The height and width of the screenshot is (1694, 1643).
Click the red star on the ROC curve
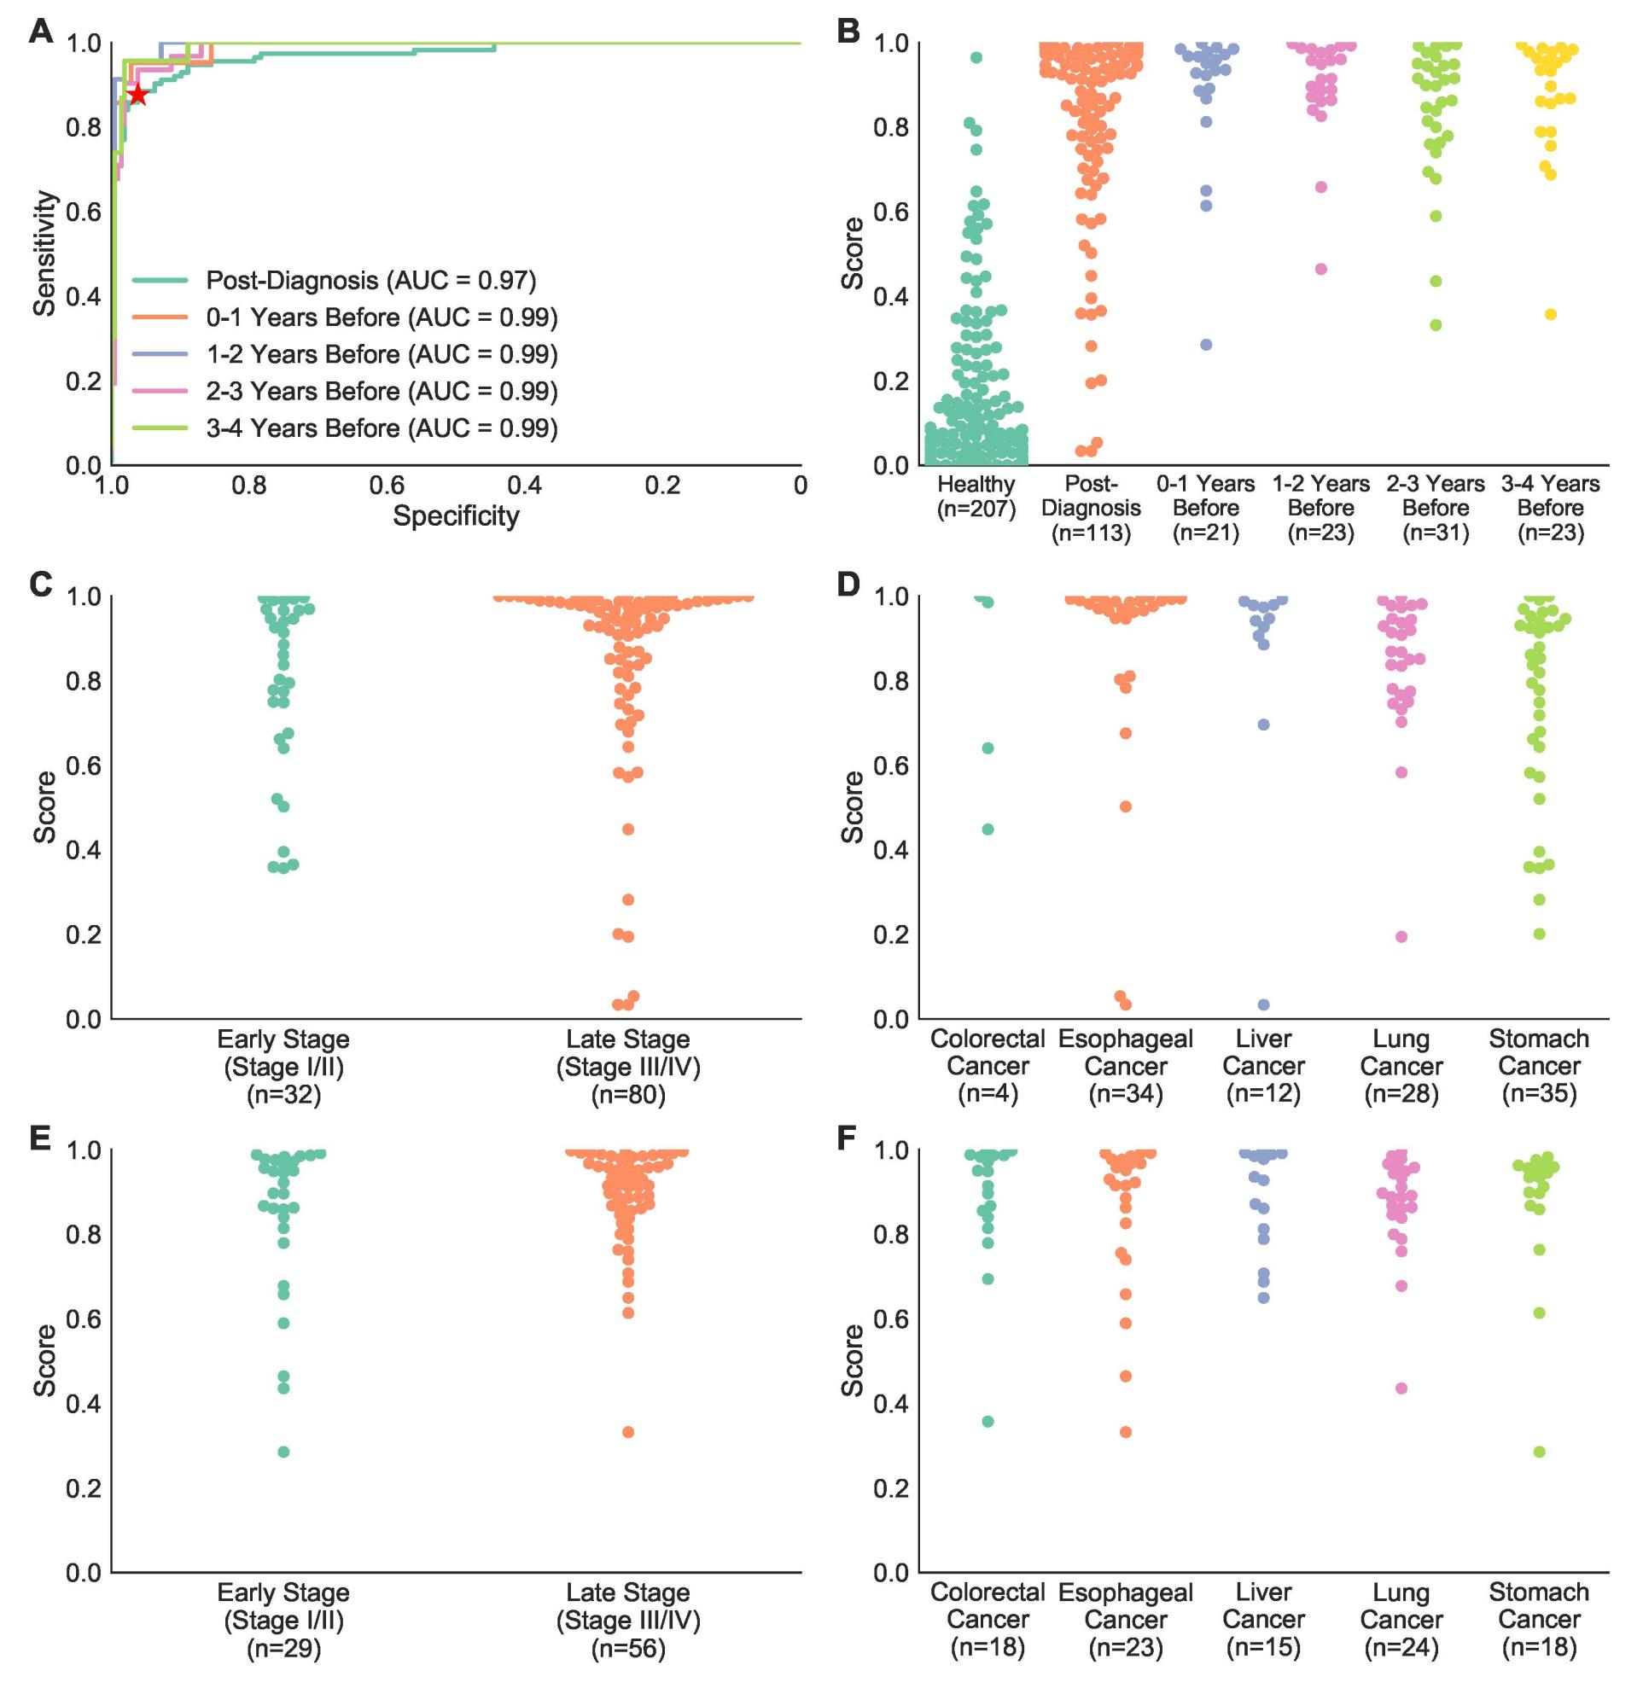[x=137, y=95]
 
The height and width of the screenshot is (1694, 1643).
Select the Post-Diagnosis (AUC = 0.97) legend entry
[x=370, y=280]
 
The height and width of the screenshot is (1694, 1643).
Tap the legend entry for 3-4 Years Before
[x=382, y=428]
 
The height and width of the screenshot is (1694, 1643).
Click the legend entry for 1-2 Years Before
[x=382, y=354]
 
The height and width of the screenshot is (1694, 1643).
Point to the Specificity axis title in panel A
[x=456, y=516]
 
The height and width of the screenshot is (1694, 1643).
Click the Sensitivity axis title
[x=45, y=253]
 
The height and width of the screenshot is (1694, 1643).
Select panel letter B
[x=848, y=32]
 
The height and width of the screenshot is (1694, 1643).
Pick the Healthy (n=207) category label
[x=976, y=496]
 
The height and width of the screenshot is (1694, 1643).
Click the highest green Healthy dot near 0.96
[x=976, y=57]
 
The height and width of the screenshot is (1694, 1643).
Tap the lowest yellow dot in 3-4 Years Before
[x=1551, y=315]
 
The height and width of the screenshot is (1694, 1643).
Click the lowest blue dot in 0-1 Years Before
[x=1207, y=345]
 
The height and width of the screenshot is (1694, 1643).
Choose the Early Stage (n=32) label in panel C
[x=283, y=1067]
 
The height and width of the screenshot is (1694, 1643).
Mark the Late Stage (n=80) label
[x=628, y=1067]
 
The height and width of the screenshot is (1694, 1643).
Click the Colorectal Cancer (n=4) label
[x=987, y=1067]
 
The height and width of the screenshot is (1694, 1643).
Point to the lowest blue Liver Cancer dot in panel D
[x=1263, y=1004]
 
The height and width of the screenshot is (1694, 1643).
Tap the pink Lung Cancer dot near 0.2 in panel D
[x=1401, y=937]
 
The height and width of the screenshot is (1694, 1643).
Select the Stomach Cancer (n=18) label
[x=1538, y=1620]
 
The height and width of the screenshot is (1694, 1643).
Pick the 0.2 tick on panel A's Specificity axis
[x=663, y=486]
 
